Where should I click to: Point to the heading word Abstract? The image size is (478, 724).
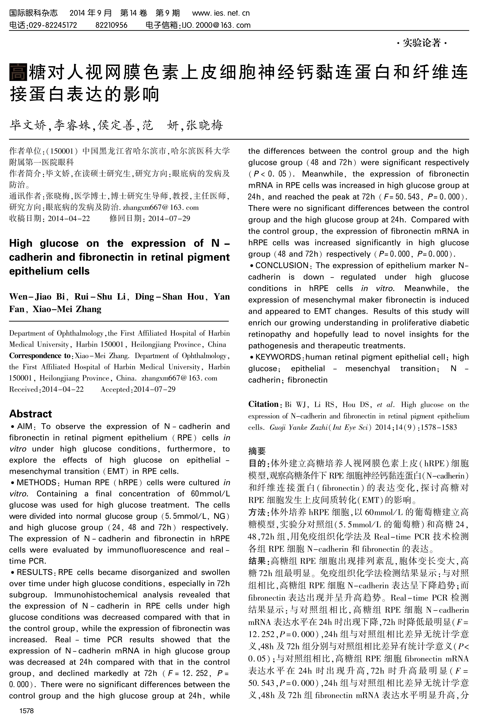30,414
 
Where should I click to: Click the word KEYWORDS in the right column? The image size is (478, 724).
278,357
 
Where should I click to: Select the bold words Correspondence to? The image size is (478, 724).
40,356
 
